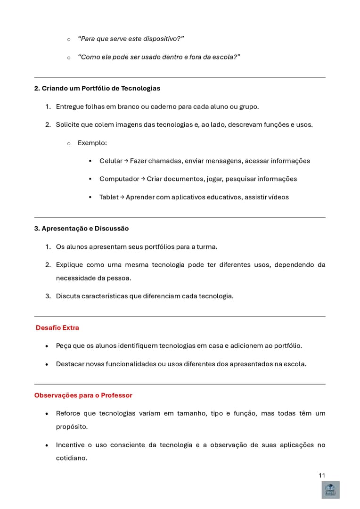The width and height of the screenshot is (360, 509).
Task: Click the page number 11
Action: click(322, 475)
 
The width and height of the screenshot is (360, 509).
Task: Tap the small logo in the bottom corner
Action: click(330, 490)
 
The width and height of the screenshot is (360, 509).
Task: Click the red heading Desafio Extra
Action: click(57, 328)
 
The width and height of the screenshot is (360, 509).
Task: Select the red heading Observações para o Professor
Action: click(83, 395)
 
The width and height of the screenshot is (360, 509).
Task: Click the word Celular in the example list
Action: click(111, 161)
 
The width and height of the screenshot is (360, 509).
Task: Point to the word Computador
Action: click(119, 179)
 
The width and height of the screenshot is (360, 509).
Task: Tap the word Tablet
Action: click(109, 197)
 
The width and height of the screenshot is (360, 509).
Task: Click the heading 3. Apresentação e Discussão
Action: click(81, 228)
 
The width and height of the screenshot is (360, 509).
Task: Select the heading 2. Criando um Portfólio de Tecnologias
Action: click(97, 88)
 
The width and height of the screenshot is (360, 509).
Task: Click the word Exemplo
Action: click(92, 142)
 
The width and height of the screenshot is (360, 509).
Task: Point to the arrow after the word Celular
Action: click(126, 161)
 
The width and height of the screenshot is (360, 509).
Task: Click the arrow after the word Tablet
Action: click(122, 197)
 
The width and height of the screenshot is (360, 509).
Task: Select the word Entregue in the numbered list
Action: click(70, 107)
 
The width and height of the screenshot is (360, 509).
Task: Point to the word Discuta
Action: click(69, 296)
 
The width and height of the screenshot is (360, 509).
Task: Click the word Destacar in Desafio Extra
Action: click(70, 364)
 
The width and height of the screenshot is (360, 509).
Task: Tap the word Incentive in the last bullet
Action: click(71, 445)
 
